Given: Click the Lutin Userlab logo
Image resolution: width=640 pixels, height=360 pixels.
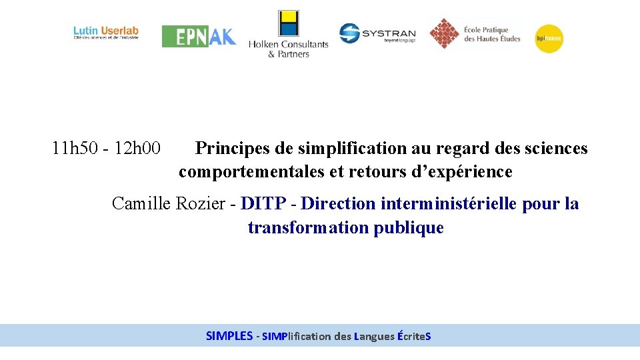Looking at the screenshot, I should [x=106, y=33].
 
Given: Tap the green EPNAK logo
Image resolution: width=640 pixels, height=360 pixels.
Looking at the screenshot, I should [x=199, y=36].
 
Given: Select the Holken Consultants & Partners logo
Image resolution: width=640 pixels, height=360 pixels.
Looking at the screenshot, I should [x=288, y=35].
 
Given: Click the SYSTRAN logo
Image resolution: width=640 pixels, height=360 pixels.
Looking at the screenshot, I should [x=377, y=33].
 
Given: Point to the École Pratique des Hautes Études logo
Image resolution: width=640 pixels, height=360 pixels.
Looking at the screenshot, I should [x=475, y=33].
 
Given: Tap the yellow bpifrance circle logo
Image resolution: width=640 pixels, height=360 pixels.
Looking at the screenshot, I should [x=549, y=39].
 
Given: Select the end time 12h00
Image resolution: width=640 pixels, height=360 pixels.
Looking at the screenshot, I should [x=137, y=148].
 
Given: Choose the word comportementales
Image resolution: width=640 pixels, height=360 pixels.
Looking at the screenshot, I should [x=251, y=172].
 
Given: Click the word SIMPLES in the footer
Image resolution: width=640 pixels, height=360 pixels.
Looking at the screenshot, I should [x=229, y=336].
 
